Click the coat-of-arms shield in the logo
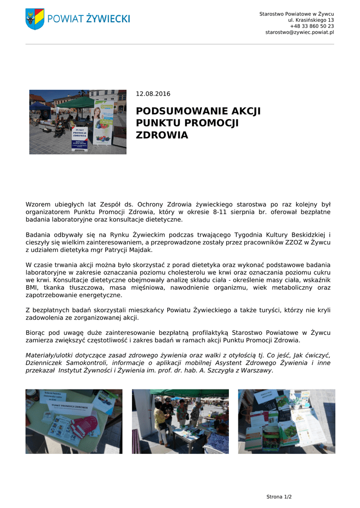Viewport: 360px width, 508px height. tap(35, 19)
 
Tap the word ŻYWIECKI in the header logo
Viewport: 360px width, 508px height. tap(108, 19)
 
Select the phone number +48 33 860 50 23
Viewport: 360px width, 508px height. tap(312, 26)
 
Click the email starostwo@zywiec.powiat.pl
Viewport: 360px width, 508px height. tap(299, 32)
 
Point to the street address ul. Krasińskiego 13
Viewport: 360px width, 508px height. tap(311, 20)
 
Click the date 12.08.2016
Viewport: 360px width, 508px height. tap(153, 94)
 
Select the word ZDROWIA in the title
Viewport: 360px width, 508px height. tap(162, 135)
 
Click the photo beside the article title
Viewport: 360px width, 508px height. tap(77, 122)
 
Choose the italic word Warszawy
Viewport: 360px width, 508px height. tap(257, 370)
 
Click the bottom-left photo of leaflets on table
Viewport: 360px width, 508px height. tap(73, 421)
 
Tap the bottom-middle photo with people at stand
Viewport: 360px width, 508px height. tap(180, 421)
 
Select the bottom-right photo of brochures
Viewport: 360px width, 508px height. tap(287, 421)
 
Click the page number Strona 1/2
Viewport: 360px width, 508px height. tap(279, 497)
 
